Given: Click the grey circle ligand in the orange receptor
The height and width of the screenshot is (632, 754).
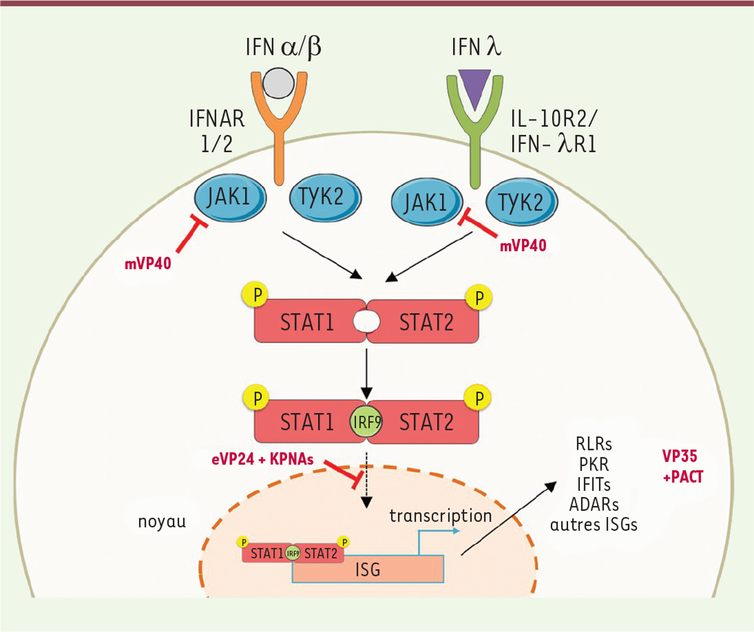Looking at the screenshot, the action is tap(278, 84).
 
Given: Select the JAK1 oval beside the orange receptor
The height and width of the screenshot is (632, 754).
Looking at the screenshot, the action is tap(231, 197).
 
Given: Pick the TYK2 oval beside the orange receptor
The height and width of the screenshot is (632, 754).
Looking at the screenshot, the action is tap(325, 197).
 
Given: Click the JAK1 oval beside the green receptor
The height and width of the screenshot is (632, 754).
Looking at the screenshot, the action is tap(427, 202).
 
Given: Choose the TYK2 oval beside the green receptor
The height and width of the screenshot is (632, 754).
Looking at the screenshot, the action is tap(522, 202).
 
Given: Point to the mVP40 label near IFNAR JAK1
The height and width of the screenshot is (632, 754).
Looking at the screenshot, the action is tap(148, 264).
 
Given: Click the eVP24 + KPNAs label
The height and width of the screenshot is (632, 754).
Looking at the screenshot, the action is tap(263, 459).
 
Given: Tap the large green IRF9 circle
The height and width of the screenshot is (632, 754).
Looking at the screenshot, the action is tap(366, 422).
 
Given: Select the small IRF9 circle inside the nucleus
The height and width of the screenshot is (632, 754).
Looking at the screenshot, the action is tap(293, 553).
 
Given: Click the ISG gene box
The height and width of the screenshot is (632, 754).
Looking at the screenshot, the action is tap(368, 569).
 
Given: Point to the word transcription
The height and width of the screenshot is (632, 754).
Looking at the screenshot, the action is tap(440, 516).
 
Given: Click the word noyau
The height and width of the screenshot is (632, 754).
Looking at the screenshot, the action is tap(161, 522).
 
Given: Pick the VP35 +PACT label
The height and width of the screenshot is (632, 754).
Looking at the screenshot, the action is tap(682, 467).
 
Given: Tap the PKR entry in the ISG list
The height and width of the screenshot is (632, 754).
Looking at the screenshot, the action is tap(594, 464).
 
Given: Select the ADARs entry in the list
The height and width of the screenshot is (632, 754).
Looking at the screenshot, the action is tap(594, 504).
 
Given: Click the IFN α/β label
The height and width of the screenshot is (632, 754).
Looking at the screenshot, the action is tap(283, 47).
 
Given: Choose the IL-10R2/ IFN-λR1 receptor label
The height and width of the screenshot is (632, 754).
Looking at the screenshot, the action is tap(554, 131).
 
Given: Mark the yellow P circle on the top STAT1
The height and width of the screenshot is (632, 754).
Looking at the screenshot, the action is tap(255, 295).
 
